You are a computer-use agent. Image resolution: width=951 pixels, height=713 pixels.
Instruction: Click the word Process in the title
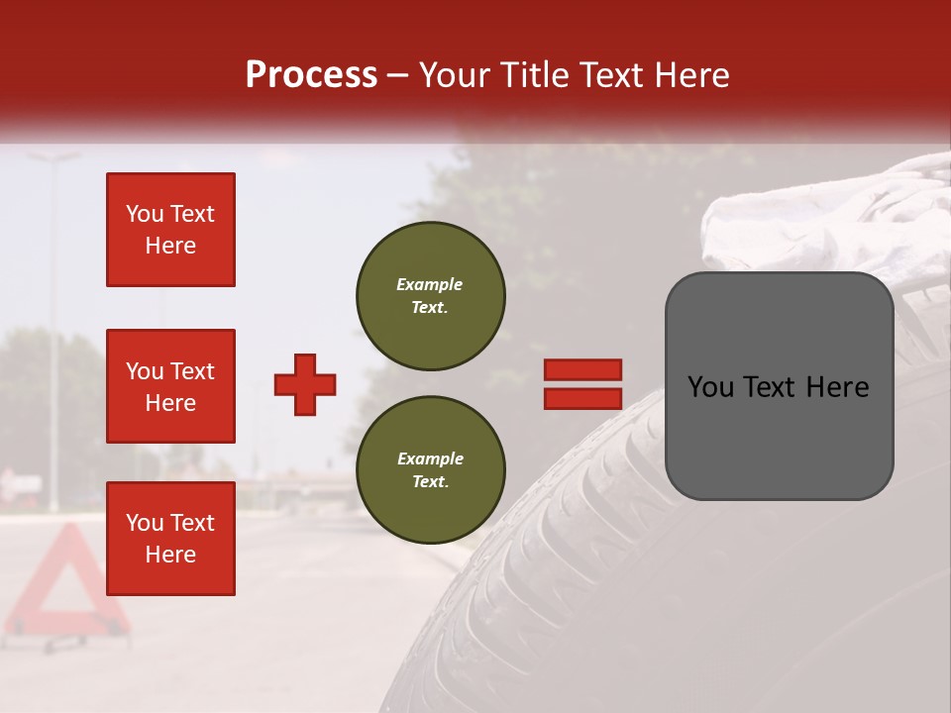pyautogui.click(x=311, y=75)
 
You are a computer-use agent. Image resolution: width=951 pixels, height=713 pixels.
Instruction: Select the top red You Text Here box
pyautogui.click(x=170, y=230)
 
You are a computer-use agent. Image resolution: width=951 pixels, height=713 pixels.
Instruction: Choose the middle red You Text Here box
pyautogui.click(x=170, y=386)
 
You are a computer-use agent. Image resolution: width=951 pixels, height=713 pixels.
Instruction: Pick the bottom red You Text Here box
pyautogui.click(x=170, y=539)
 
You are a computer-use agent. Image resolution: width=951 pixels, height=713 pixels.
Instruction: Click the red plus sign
pyautogui.click(x=305, y=384)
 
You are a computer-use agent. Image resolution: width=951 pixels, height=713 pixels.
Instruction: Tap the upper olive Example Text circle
pyautogui.click(x=430, y=296)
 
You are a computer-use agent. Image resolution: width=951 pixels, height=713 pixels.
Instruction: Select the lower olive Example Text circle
pyautogui.click(x=430, y=470)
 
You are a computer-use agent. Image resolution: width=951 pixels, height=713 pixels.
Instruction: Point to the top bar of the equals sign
pyautogui.click(x=582, y=370)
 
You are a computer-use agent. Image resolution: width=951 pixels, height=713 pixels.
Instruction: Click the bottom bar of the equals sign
pyautogui.click(x=582, y=398)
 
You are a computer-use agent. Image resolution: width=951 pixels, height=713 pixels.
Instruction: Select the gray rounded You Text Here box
pyautogui.click(x=779, y=386)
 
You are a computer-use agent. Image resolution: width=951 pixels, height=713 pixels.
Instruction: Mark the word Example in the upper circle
pyautogui.click(x=430, y=284)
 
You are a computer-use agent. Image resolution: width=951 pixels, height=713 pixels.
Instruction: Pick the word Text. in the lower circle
pyautogui.click(x=430, y=482)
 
